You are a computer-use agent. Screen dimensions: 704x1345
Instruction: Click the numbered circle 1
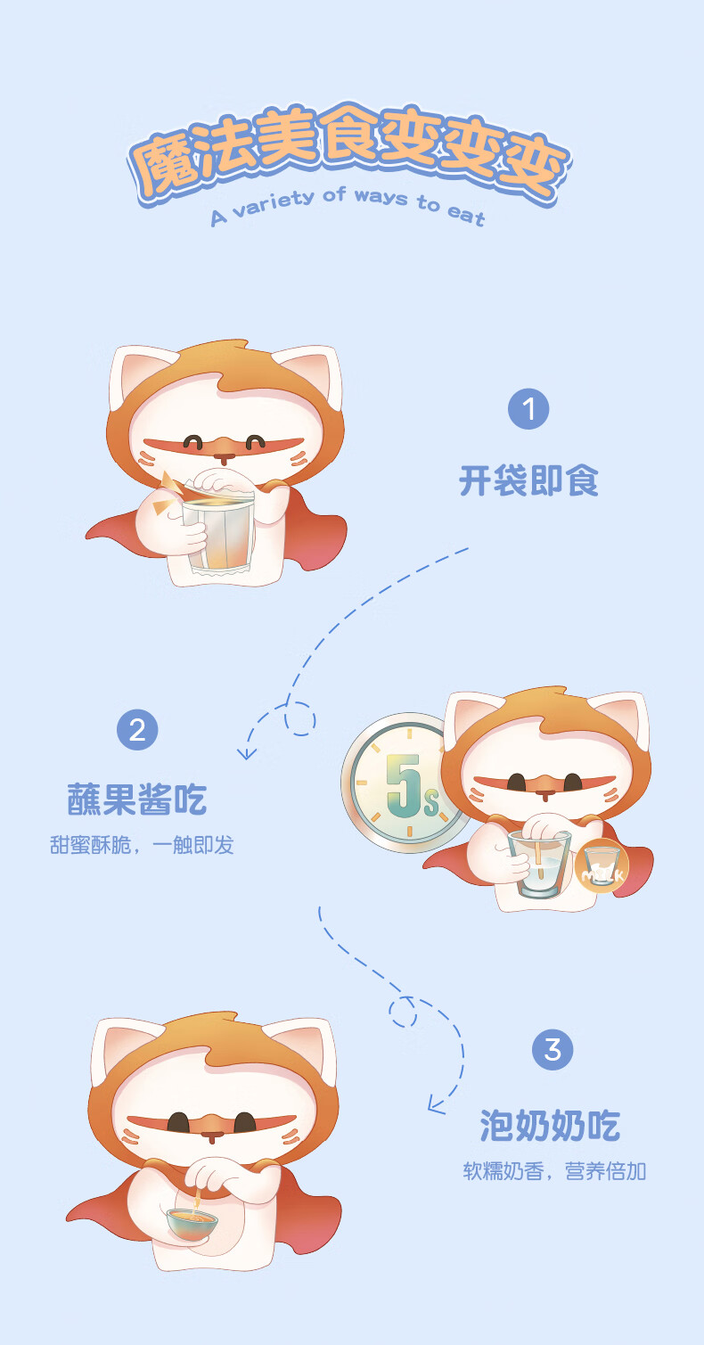(x=528, y=409)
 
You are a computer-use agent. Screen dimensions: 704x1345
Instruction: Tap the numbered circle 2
(x=137, y=730)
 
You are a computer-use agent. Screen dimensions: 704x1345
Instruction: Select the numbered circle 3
(x=553, y=1050)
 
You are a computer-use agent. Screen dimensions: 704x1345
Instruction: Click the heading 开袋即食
(x=528, y=481)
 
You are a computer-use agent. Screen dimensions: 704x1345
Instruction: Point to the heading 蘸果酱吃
(x=137, y=800)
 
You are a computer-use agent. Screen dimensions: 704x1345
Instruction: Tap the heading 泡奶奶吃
(x=550, y=1125)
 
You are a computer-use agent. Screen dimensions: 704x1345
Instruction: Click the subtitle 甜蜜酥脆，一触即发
(x=142, y=845)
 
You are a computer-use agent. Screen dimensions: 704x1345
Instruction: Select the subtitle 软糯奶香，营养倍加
(x=554, y=1171)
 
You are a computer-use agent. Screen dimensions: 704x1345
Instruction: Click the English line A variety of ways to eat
(x=348, y=206)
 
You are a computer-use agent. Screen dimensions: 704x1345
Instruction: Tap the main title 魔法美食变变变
(x=348, y=152)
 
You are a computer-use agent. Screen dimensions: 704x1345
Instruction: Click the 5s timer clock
(x=405, y=783)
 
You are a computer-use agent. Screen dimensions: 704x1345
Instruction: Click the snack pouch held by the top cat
(x=218, y=527)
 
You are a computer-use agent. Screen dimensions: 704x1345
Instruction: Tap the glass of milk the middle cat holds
(x=538, y=864)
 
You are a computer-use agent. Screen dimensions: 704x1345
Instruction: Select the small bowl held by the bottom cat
(x=192, y=1225)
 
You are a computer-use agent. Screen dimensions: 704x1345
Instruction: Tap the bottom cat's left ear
(x=125, y=1052)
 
